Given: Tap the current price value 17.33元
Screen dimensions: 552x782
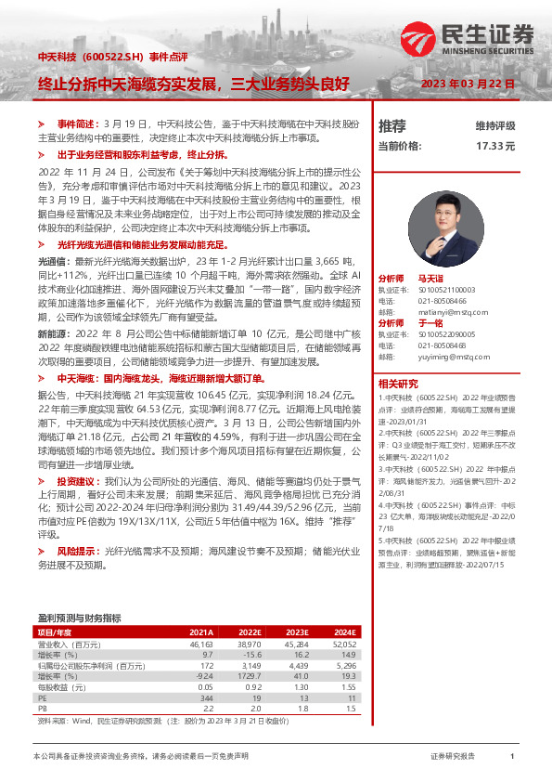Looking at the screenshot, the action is (x=495, y=146).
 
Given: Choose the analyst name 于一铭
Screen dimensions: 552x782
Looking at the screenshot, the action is (x=430, y=321).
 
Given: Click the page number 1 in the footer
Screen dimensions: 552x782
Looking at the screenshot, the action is (x=511, y=757).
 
